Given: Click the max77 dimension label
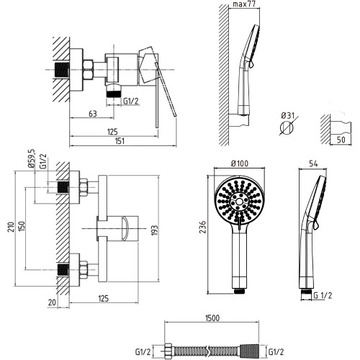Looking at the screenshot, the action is coord(243,4).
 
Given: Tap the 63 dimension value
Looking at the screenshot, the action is coord(93,114).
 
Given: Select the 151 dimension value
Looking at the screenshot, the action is coord(120,141).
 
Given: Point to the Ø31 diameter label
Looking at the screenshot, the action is coord(287,116).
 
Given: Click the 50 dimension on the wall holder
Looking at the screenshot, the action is coord(341,140).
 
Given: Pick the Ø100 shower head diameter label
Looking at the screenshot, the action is coord(240,163).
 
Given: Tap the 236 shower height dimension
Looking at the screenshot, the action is coord(203,227).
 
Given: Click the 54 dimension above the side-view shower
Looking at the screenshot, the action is coord(313,163).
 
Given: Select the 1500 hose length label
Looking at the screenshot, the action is coord(212,318).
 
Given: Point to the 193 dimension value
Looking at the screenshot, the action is coord(155,230).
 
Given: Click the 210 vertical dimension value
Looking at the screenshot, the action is coord(11,227).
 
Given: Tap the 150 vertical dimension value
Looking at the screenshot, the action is coord(22,227).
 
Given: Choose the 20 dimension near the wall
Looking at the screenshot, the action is coord(52,302).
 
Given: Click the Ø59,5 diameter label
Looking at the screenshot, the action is coord(32,158).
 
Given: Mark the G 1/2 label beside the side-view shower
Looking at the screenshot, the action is coord(323,295).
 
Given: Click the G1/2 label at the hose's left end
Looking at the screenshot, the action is coord(143,352).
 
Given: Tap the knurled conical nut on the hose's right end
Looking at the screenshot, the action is coord(249,352).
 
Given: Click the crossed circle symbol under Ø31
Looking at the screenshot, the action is coord(287,127).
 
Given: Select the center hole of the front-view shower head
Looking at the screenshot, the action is coord(239,202).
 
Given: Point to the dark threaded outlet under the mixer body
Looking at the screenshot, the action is coord(114,94).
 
